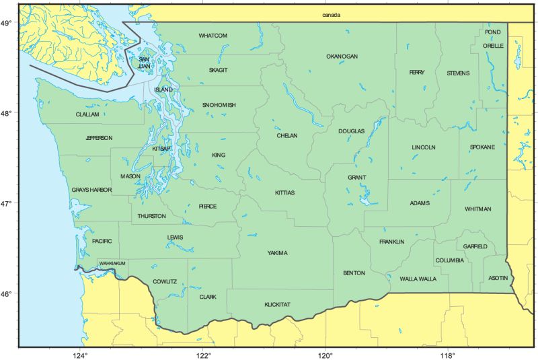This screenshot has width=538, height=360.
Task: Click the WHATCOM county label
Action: [213, 36]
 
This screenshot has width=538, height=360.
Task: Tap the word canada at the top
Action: [332, 15]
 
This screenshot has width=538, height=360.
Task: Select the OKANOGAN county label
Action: [342, 57]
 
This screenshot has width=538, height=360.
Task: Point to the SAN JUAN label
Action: [144, 63]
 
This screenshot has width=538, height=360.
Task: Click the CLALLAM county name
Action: [87, 115]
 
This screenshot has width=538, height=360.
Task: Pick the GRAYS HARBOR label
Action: [91, 190]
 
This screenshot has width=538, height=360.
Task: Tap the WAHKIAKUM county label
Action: [112, 263]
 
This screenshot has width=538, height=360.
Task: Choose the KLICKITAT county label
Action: [277, 305]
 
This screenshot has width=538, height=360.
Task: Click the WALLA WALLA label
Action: [418, 279]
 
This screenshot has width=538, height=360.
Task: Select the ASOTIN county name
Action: [498, 278]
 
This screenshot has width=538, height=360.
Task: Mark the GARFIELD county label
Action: [475, 247]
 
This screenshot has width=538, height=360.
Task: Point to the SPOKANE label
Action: [482, 147]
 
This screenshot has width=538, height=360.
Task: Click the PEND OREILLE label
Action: [493, 39]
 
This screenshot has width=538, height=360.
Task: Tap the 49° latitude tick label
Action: [7, 24]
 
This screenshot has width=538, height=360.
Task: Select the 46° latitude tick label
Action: [7, 294]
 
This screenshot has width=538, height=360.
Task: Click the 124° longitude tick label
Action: [80, 355]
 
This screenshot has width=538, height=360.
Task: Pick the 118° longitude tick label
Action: [447, 355]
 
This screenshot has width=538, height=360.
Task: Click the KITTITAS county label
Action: [284, 193]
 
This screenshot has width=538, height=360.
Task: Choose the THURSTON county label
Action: [152, 216]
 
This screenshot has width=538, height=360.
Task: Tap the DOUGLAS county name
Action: [351, 131]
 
